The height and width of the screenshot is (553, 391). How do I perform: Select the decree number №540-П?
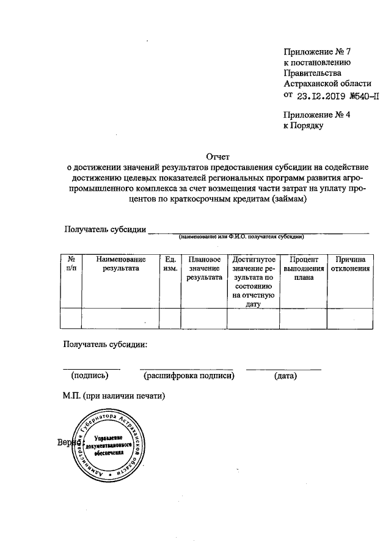(364, 96)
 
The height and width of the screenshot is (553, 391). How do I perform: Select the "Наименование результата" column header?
(121, 264)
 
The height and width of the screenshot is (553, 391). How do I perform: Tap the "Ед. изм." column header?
(171, 264)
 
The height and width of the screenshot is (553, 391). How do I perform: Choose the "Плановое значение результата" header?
(205, 268)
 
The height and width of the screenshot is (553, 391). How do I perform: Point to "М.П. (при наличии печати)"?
(114, 395)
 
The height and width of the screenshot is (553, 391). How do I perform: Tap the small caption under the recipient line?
(241, 236)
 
